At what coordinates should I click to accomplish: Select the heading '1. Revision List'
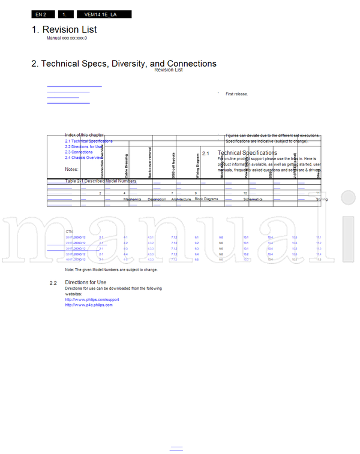[64, 29]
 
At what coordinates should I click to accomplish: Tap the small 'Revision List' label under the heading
[169, 70]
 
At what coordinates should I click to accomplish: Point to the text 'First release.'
[236, 94]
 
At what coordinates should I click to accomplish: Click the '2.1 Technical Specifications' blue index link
[89, 141]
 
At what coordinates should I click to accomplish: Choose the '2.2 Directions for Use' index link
[85, 147]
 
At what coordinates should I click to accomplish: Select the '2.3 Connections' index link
[79, 152]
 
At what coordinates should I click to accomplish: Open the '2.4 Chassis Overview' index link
[84, 158]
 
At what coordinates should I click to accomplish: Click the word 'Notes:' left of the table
[72, 169]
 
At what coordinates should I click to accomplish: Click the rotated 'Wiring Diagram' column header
[197, 166]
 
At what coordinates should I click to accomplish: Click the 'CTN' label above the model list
[69, 231]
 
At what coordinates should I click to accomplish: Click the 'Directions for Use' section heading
[86, 282]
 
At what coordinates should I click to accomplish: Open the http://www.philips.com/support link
[92, 299]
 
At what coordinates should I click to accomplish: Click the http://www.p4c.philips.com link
[89, 305]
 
